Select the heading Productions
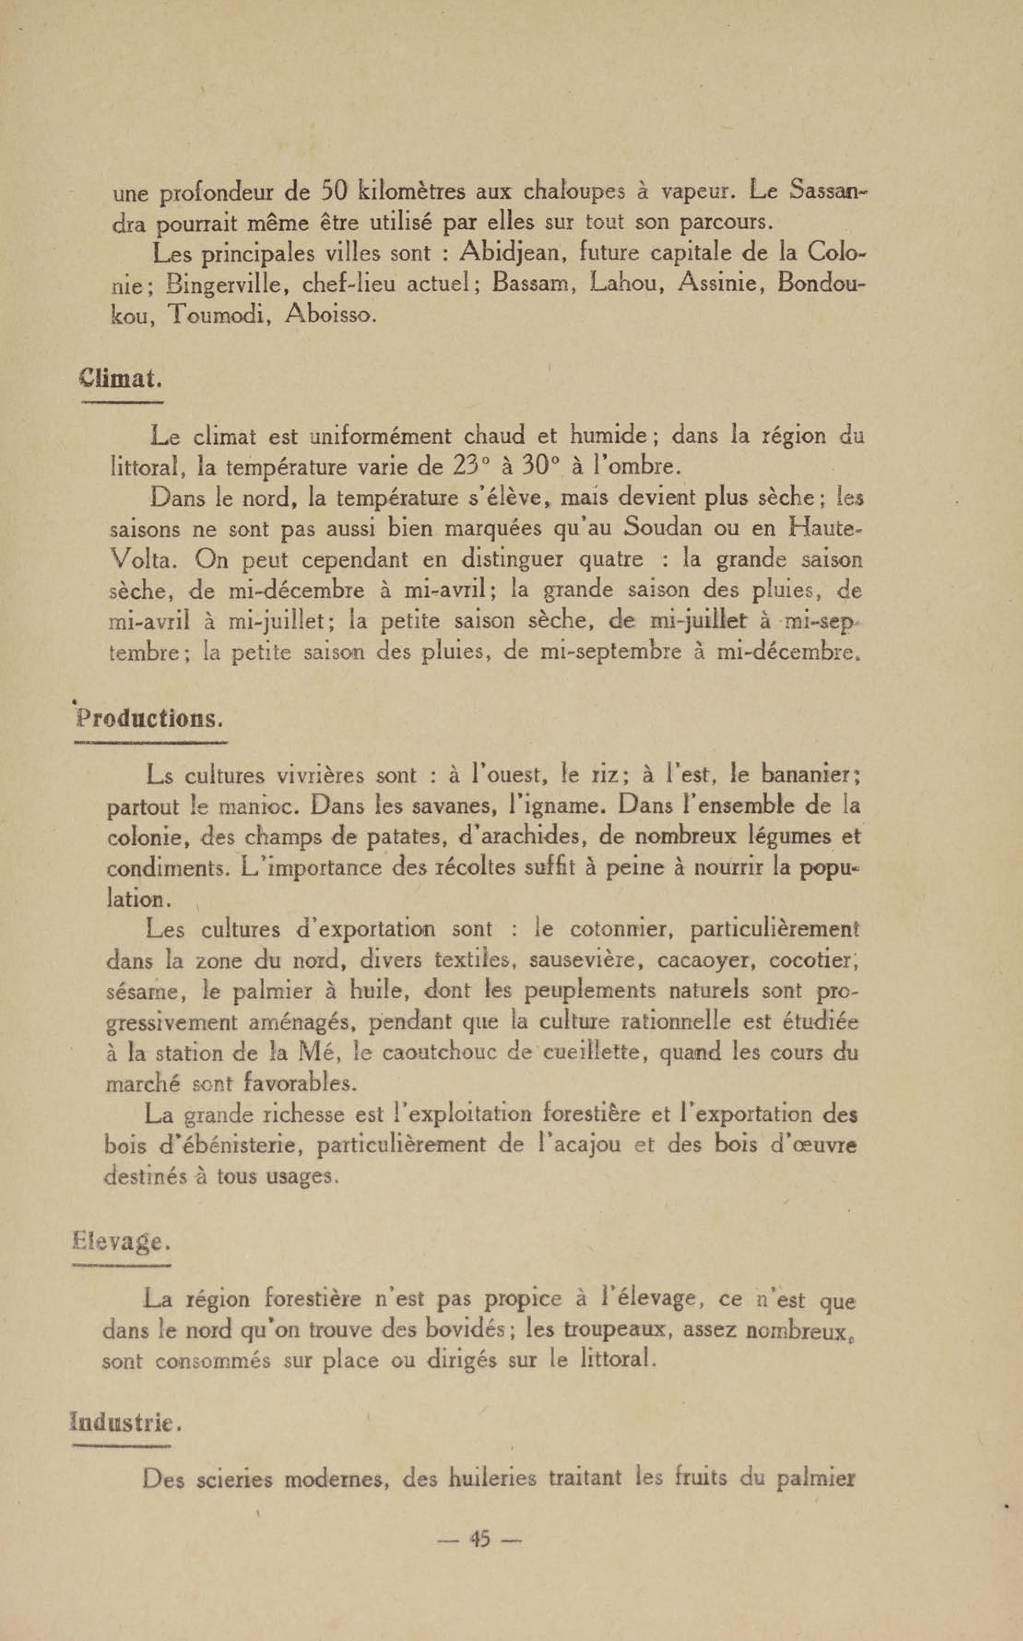tap(149, 719)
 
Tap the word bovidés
tap(462, 1330)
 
